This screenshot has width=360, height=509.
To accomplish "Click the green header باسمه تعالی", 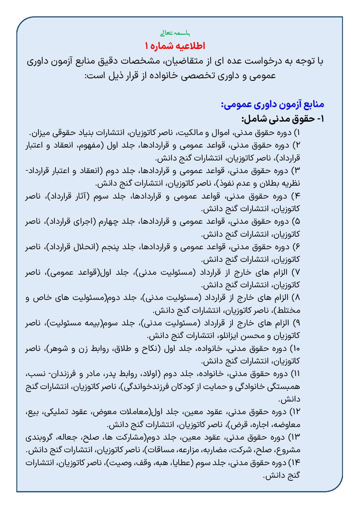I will tap(176, 33).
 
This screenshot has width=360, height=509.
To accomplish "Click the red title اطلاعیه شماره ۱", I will tap(176, 46).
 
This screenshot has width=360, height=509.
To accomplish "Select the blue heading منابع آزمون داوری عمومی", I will tap(273, 104).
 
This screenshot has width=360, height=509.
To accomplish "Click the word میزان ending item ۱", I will tap(40, 132).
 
